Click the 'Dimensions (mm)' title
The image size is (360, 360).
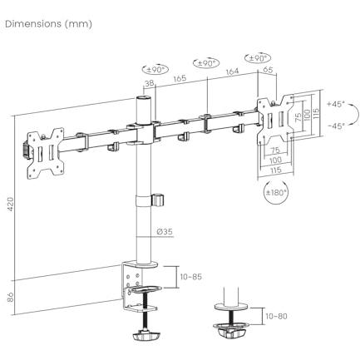click(48, 24)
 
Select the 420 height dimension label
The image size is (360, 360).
click(10, 205)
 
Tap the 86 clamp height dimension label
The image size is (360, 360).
click(10, 298)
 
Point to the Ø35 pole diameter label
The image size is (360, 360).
click(165, 231)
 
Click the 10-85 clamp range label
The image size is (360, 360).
click(191, 277)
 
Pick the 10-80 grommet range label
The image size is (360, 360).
click(276, 316)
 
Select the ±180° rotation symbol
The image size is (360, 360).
click(276, 192)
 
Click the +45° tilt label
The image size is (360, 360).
click(335, 105)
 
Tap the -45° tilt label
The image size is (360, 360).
click(336, 126)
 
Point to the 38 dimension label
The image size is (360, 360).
click(150, 84)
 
